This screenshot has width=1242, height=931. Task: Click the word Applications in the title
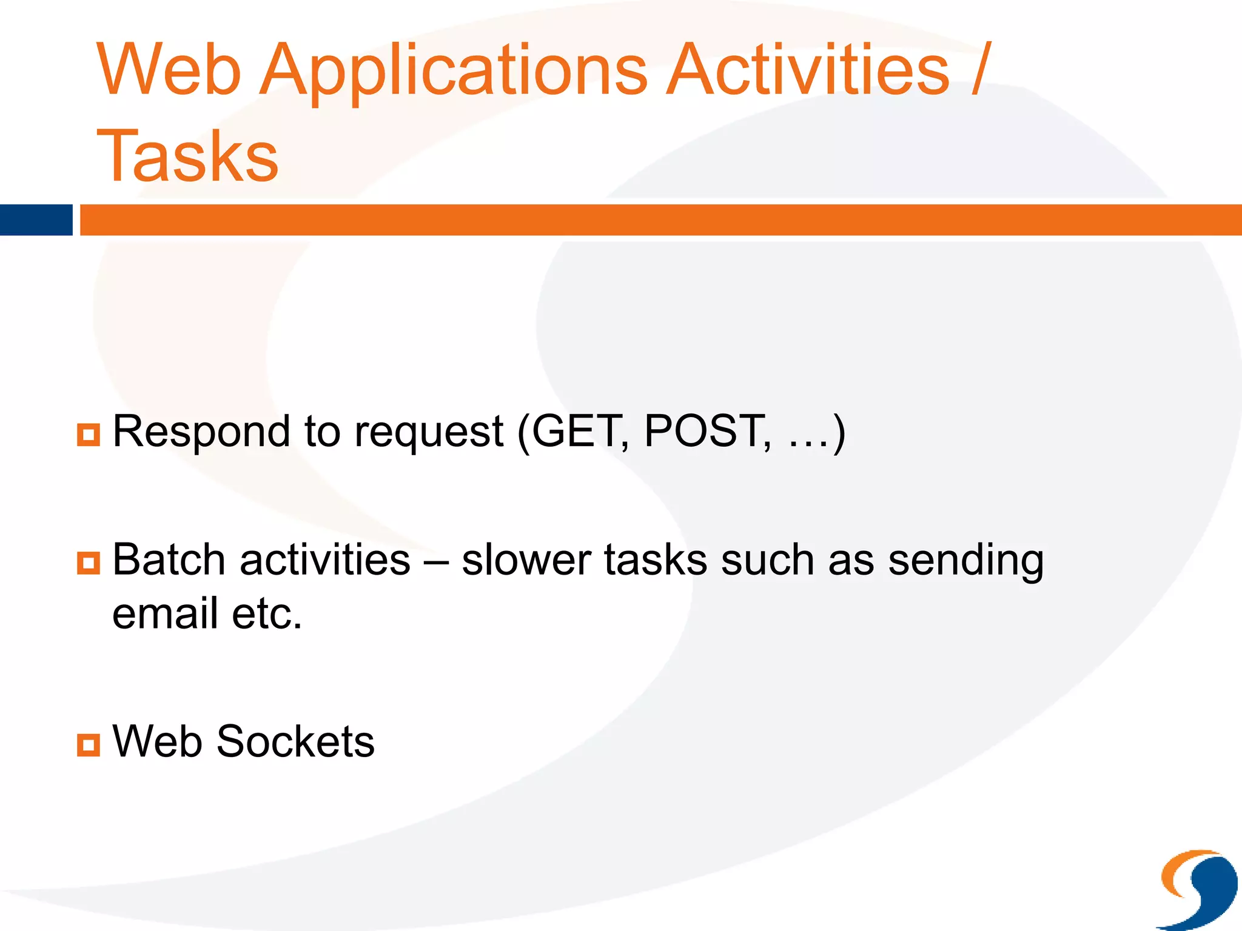coord(454,72)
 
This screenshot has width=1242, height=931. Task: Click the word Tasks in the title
coord(187,156)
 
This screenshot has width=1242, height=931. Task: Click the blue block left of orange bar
coord(36,219)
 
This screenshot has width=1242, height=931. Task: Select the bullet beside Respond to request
coord(89,435)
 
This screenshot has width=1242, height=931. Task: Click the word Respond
coord(201,432)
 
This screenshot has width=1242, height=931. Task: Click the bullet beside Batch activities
coord(89,562)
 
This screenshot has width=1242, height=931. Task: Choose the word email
coord(165,613)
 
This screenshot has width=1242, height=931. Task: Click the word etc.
coord(267,613)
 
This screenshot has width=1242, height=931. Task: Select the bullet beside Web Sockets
coord(89,745)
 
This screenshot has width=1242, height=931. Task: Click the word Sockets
coord(295,741)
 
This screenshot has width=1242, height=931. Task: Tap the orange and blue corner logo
coord(1199,889)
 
